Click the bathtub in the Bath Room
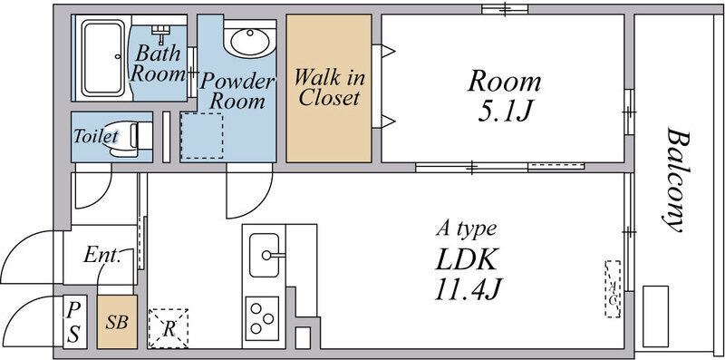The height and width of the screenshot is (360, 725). pos(103,58)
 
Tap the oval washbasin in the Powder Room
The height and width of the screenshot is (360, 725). pos(250,41)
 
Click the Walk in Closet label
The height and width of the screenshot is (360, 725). pos(329,87)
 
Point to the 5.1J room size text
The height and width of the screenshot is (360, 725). pos(504,111)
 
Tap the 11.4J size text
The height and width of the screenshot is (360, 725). pos(469,288)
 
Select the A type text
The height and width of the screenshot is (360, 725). pos(467,229)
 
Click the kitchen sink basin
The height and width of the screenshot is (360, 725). pos(264,255)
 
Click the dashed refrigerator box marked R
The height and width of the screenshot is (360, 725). pos(169,328)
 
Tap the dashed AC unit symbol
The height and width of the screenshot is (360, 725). pos(614,288)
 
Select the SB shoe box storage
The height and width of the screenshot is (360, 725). pos(117,322)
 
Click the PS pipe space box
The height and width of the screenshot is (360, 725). pos(74,322)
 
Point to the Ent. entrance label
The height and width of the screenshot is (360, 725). pos(102,255)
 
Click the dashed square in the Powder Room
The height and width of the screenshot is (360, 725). pos(201,136)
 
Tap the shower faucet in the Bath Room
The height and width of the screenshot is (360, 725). pos(161,34)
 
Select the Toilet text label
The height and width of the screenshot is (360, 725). pos(96,136)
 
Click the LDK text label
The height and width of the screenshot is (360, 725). pos(467,259)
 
